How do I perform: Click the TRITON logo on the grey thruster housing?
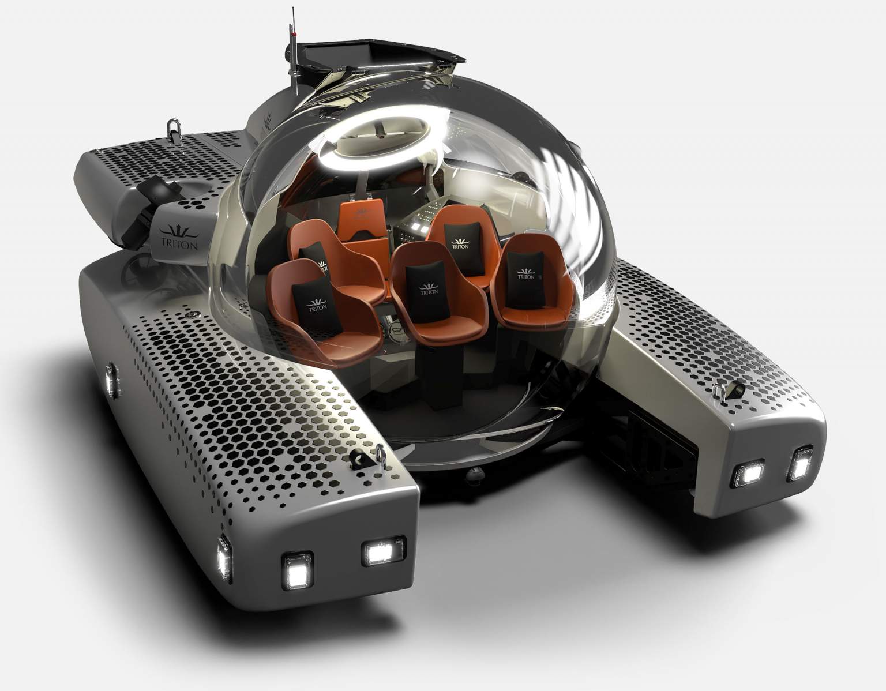(x=179, y=236)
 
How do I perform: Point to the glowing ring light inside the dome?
(x=377, y=141)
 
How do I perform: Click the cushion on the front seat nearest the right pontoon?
(x=526, y=275)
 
